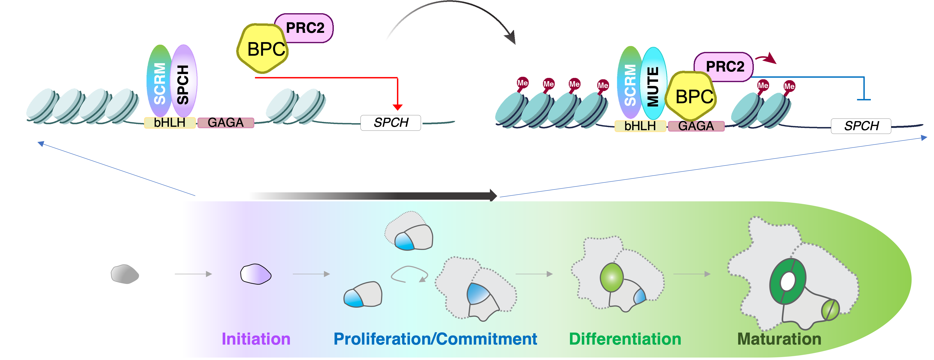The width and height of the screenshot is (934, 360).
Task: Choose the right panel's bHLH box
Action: (x=640, y=126)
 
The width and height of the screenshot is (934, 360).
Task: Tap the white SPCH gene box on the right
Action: (x=861, y=126)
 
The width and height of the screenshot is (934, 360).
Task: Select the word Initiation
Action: (x=256, y=339)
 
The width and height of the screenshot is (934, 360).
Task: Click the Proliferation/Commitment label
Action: (x=435, y=339)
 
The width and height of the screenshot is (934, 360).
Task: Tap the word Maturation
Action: (x=779, y=339)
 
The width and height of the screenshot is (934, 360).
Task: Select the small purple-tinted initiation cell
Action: (x=256, y=274)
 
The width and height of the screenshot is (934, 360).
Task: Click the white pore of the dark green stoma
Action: (x=788, y=281)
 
